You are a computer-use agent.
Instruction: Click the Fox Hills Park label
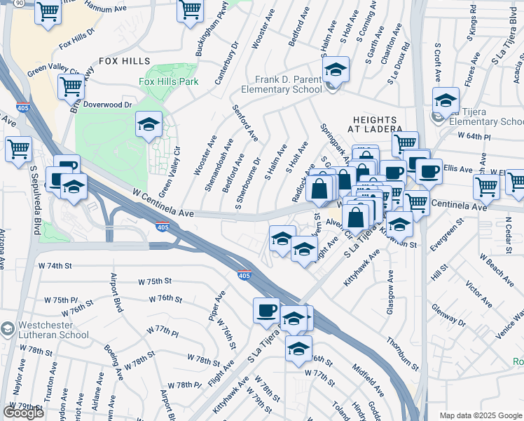point(168,81)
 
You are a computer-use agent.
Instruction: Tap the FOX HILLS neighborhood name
point(125,61)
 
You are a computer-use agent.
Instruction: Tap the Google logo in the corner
point(23,412)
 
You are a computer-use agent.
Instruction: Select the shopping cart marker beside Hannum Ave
point(48,11)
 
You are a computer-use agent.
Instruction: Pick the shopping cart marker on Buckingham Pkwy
point(190,11)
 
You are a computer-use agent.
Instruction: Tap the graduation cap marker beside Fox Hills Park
point(148,124)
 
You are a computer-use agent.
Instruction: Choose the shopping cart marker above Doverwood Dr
point(71,87)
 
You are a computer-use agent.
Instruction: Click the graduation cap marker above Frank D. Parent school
point(336,69)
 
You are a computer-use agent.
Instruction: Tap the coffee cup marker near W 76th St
point(266,310)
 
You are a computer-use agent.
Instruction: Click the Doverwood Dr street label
point(107,105)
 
